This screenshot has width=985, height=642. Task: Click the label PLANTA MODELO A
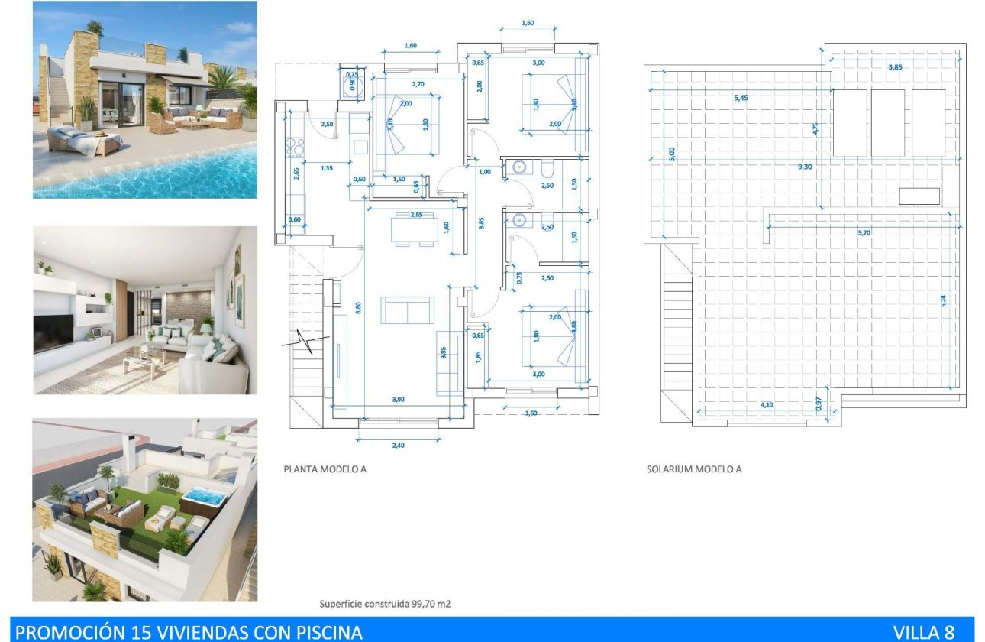325,469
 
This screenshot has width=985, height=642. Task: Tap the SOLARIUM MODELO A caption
693,469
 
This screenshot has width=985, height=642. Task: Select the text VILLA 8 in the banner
924,632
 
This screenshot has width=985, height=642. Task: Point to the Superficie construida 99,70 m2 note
385,604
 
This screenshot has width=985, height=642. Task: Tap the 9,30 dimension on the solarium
804,165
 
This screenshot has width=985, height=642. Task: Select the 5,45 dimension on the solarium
741,99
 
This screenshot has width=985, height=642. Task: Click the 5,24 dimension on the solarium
944,301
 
